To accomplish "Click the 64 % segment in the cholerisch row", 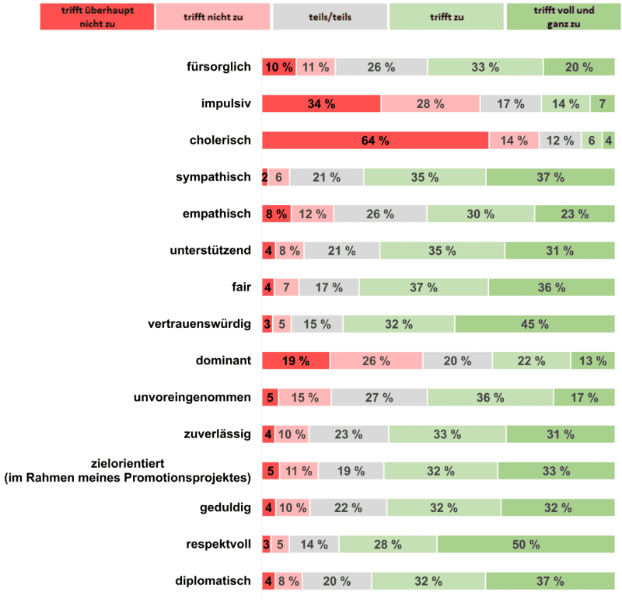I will click(375, 141).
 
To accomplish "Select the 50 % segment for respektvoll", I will click(526, 545).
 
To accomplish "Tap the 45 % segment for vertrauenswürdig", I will click(534, 324).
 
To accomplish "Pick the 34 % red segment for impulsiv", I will click(321, 104).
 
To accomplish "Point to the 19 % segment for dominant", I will click(295, 361).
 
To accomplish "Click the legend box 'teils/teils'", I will click(330, 16).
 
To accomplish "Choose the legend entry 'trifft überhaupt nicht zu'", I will click(97, 16).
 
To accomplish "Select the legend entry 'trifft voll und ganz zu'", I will click(563, 16).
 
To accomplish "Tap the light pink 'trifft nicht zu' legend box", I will click(214, 16).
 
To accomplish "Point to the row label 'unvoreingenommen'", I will click(192, 398).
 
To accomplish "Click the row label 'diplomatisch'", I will click(212, 580).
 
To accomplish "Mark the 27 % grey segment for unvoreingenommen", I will click(379, 398).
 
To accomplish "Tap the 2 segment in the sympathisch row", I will click(264, 177).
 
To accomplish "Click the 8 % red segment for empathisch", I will click(276, 214).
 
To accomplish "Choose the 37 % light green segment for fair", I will click(424, 287).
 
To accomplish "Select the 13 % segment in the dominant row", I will click(592, 361).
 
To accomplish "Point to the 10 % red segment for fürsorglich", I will click(278, 67).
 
